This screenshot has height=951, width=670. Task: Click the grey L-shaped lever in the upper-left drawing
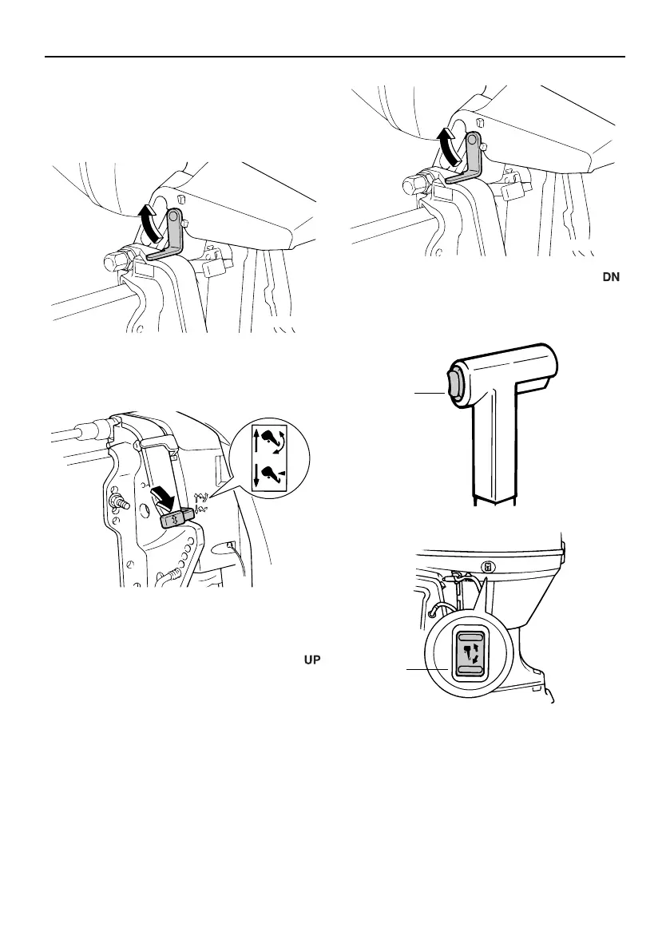tap(171, 236)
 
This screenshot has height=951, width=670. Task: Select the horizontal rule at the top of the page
tap(335, 57)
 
